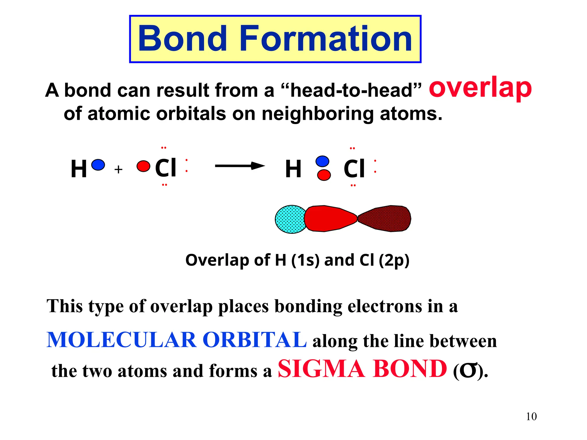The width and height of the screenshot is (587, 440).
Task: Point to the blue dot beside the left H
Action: coord(98,165)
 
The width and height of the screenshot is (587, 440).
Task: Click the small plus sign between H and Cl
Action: coord(118,170)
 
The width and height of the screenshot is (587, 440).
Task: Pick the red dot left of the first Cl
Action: coord(143,166)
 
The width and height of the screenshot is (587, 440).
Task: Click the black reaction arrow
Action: coord(240,166)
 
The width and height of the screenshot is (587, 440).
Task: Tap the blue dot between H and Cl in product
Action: coord(322,161)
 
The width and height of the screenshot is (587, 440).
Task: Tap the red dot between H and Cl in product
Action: coord(324,175)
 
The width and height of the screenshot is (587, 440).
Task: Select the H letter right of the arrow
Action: coord(293,169)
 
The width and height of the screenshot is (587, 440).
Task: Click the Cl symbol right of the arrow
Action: coord(354,169)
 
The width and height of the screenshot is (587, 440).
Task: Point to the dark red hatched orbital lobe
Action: coord(386,219)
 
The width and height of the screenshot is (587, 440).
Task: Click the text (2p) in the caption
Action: coord(394,260)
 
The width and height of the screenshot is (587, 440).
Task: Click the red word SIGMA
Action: coord(321,369)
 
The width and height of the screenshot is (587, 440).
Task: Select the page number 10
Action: coord(531,417)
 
